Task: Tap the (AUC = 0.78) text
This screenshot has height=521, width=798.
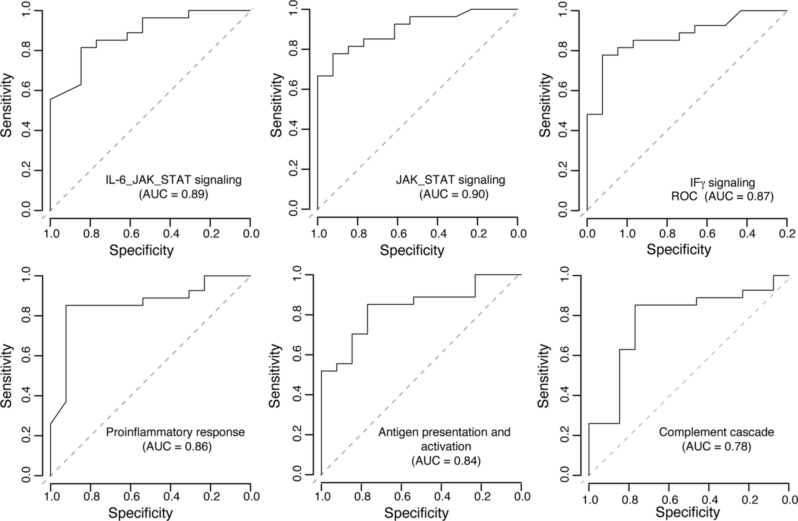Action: click(717, 446)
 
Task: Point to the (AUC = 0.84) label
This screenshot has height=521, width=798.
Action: click(446, 461)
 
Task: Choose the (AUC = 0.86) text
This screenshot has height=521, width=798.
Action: click(177, 446)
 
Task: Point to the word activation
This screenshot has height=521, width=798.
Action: click(446, 446)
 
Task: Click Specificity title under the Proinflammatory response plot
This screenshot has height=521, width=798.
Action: click(141, 513)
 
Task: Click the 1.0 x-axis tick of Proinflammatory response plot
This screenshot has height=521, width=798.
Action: click(52, 496)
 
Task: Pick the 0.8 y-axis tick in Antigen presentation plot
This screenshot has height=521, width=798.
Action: click(297, 315)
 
